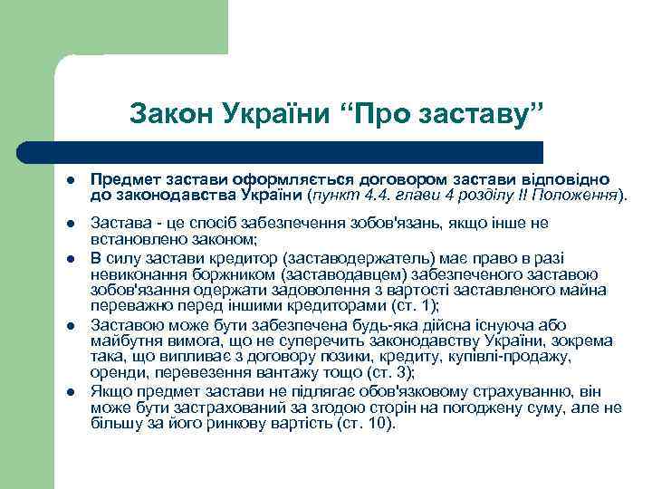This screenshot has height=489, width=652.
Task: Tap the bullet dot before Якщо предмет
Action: tap(72, 392)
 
